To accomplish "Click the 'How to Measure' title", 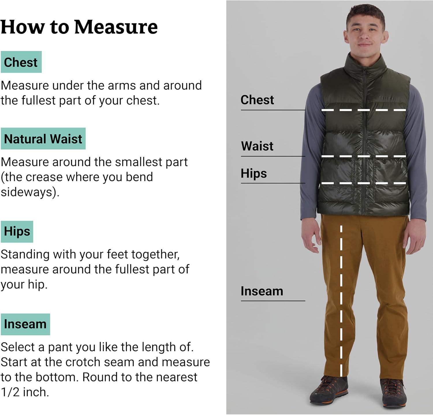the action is tap(79, 27).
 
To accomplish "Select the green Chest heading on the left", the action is tap(21, 62).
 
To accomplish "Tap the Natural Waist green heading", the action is tap(43, 139).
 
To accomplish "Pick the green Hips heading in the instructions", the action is tap(17, 232).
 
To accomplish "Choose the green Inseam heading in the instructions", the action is tap(25, 324).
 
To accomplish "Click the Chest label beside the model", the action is tap(257, 100).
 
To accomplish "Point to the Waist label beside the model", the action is tap(257, 146).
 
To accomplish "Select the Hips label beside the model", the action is tap(254, 174).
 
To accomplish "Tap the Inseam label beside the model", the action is tap(262, 291).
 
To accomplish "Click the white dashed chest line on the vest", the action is tap(364, 110).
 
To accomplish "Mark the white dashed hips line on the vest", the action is tap(364, 183).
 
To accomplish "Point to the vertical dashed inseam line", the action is tap(341, 301).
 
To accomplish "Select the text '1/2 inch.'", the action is tap(25, 392).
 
